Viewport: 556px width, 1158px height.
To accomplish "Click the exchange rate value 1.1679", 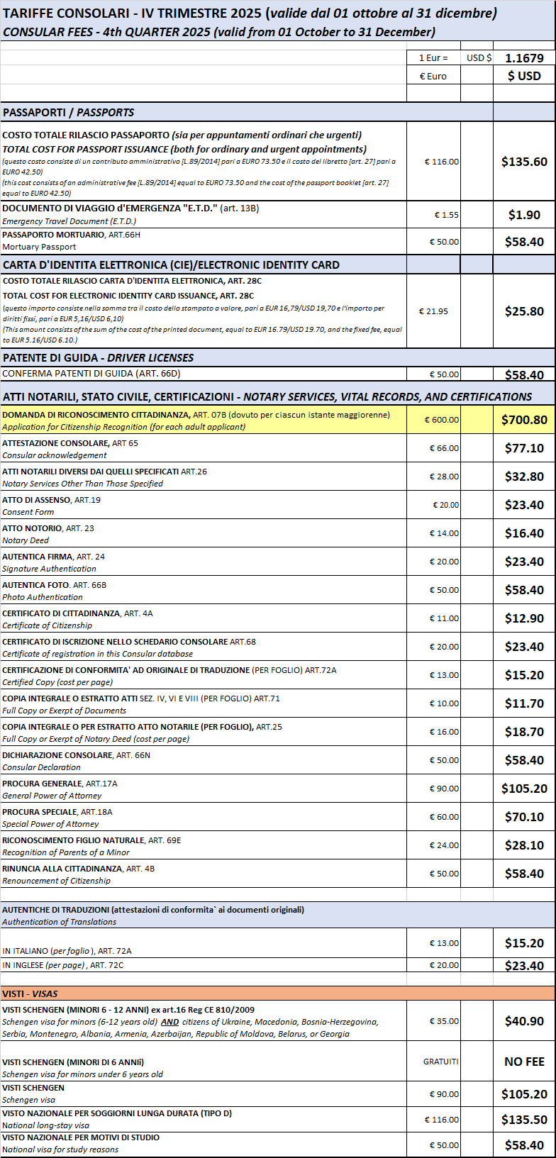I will [524, 58].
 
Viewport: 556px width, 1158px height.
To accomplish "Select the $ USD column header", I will [524, 76].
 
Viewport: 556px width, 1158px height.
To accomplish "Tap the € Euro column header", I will [433, 76].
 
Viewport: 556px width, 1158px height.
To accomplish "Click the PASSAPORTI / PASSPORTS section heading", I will [68, 112].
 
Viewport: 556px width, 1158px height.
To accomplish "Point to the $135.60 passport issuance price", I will [524, 162].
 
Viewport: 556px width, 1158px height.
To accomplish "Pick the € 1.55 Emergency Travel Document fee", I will [447, 215].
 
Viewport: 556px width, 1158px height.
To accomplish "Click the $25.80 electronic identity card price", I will [524, 311].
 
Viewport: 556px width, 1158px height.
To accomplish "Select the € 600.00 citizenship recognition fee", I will [441, 420].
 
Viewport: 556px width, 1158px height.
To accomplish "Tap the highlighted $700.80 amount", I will [524, 420].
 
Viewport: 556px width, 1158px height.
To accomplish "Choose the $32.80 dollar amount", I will [524, 477].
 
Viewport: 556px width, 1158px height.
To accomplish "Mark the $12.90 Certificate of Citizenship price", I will [524, 618].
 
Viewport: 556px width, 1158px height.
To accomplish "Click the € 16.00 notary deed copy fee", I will [444, 732].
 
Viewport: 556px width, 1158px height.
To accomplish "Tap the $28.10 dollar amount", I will [524, 845].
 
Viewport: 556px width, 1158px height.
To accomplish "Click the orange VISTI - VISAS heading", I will [30, 993].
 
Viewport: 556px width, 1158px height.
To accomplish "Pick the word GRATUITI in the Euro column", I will [441, 1062].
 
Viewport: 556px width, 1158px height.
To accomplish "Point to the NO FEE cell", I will [524, 1062].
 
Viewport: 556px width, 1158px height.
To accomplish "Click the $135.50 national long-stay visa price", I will [524, 1120].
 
